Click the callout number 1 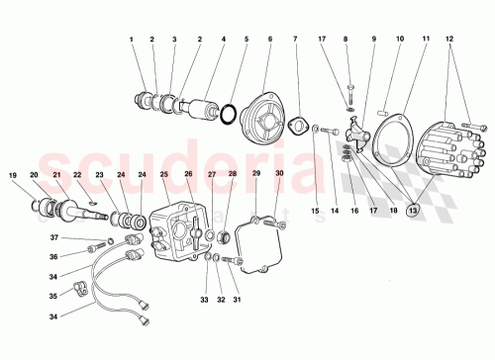pos(132,40)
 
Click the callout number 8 pos(346,40)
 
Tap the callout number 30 pos(280,175)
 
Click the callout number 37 pos(54,237)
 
